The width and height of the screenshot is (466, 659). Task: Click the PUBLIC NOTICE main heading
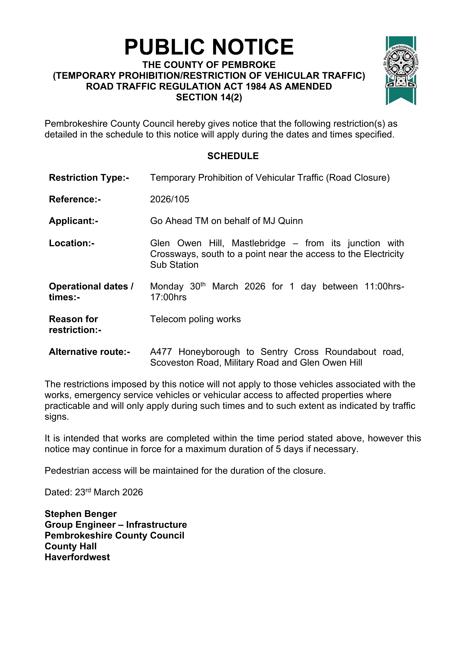pyautogui.click(x=209, y=47)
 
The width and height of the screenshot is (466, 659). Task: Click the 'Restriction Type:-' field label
pyautogui.click(x=89, y=178)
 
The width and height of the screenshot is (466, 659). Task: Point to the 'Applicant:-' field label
pyautogui.click(x=73, y=221)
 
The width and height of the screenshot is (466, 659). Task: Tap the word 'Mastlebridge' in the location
pyautogui.click(x=258, y=243)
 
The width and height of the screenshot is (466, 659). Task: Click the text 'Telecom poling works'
pyautogui.click(x=195, y=319)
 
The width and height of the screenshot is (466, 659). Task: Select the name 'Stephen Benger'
pyautogui.click(x=81, y=514)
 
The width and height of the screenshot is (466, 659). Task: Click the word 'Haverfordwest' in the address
pyautogui.click(x=77, y=557)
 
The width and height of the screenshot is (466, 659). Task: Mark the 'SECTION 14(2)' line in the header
pyautogui.click(x=209, y=97)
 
